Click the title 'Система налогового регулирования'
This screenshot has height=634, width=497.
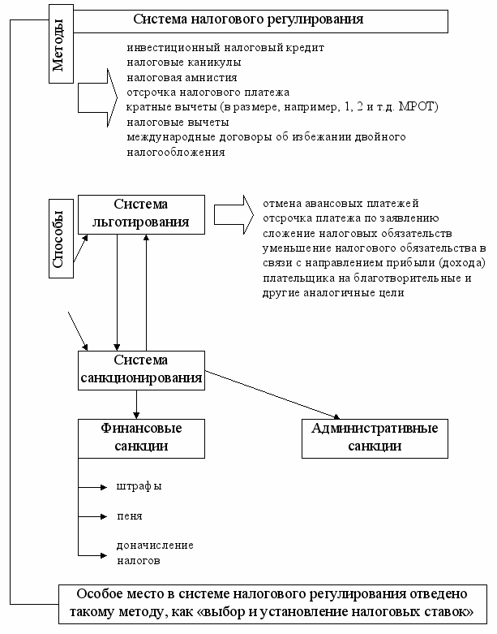[248, 19]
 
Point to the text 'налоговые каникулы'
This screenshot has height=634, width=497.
[184, 63]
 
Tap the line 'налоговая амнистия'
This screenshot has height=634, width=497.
[182, 78]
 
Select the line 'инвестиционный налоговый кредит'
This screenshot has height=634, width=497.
[225, 48]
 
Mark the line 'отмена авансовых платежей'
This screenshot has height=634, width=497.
[341, 204]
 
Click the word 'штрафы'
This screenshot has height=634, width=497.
[139, 486]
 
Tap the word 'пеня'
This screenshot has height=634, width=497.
[130, 516]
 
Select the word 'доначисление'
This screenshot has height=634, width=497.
[155, 546]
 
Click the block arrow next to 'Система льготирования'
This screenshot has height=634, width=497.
[234, 214]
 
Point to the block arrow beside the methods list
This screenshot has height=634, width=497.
[97, 97]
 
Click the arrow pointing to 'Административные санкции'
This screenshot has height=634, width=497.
[272, 395]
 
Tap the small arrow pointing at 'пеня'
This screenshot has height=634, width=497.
[92, 517]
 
